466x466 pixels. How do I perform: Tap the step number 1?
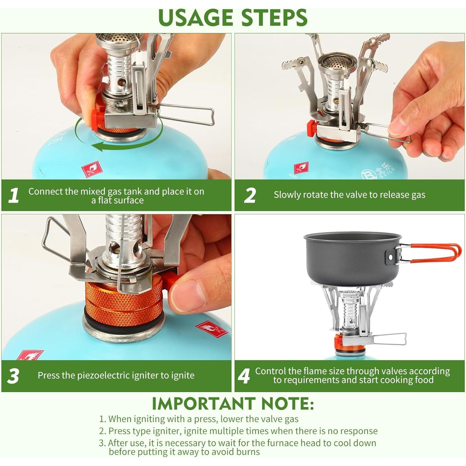click(13, 196)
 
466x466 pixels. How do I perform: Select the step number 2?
click(250, 196)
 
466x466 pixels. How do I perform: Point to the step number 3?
click(13, 376)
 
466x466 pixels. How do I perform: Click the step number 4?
click(244, 376)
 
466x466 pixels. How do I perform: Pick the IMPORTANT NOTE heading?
click(233, 404)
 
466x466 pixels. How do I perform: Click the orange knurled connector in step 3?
click(124, 304)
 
